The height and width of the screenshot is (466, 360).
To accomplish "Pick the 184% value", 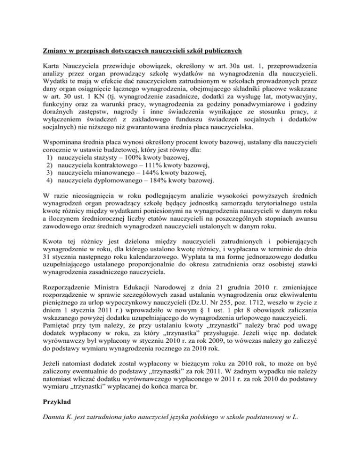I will point(155,188).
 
